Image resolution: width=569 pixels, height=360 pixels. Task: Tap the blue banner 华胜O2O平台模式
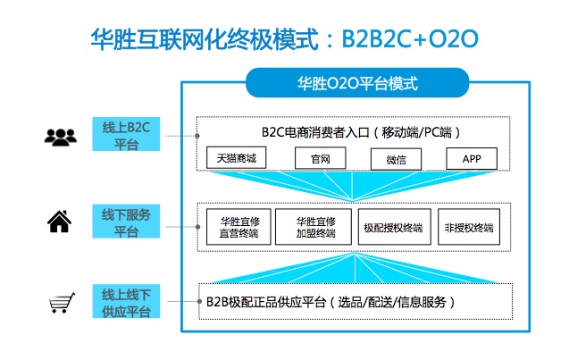[357, 85]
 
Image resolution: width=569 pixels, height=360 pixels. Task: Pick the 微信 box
[396, 158]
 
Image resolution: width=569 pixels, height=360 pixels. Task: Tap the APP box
[472, 158]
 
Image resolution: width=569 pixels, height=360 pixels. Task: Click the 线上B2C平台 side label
[126, 134]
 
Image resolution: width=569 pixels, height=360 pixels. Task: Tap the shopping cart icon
[60, 305]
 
